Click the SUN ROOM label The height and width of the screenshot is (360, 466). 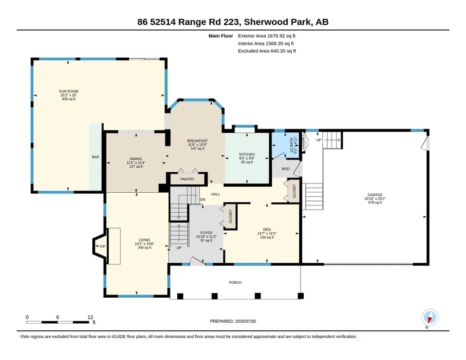pos(69,91)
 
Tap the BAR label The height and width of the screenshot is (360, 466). pos(95,157)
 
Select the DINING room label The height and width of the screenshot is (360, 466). pos(136,159)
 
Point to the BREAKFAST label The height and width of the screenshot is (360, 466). pos(197,141)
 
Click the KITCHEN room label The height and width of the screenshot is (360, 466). pos(247,155)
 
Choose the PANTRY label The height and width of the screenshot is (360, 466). pos(187,179)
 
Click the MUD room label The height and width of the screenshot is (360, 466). pos(286,169)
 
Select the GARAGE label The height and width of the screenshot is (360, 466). pos(375,195)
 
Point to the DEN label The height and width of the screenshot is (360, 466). pos(267,230)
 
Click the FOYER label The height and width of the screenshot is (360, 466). pos(206,233)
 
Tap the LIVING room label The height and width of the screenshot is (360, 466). pos(145,240)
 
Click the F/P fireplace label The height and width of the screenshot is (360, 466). pos(103,246)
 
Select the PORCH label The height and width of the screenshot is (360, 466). pos(236,282)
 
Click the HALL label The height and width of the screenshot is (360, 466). pos(216,194)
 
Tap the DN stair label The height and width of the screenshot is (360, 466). pos(203,200)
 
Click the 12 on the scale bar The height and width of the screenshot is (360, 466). pos(90,317)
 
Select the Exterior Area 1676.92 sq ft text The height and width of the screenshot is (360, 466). pos(266,36)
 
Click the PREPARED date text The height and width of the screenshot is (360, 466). pos(233,321)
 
